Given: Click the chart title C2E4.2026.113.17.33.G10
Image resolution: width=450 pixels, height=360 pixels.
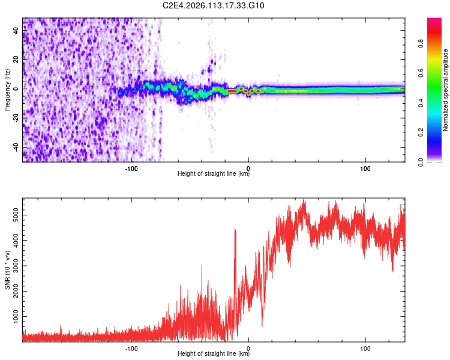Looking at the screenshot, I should click(x=214, y=5).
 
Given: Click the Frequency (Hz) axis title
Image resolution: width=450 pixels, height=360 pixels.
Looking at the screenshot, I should click(x=7, y=89).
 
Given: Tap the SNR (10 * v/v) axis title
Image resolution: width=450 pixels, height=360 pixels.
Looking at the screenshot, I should click(x=7, y=269).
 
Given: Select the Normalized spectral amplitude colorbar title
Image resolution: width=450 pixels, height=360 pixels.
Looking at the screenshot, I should click(x=446, y=90).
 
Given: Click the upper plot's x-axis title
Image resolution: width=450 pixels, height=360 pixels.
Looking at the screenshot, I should click(x=214, y=174).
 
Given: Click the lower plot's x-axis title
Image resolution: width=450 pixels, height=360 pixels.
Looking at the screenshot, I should click(x=214, y=354).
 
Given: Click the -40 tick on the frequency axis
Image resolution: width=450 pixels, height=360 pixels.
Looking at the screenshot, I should click(x=15, y=148).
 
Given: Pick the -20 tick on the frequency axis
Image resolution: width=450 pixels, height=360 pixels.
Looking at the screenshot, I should click(x=15, y=118).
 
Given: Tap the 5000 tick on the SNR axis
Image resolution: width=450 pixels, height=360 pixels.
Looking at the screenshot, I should click(x=14, y=215).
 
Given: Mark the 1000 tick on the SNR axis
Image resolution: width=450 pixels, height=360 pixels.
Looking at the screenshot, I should click(x=14, y=316).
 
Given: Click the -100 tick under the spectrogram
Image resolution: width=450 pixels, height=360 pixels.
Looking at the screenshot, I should click(x=131, y=168).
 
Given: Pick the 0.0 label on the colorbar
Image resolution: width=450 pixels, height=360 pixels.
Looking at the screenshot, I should click(x=437, y=161).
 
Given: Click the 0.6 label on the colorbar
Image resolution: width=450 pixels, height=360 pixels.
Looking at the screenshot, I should click(x=437, y=73).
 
